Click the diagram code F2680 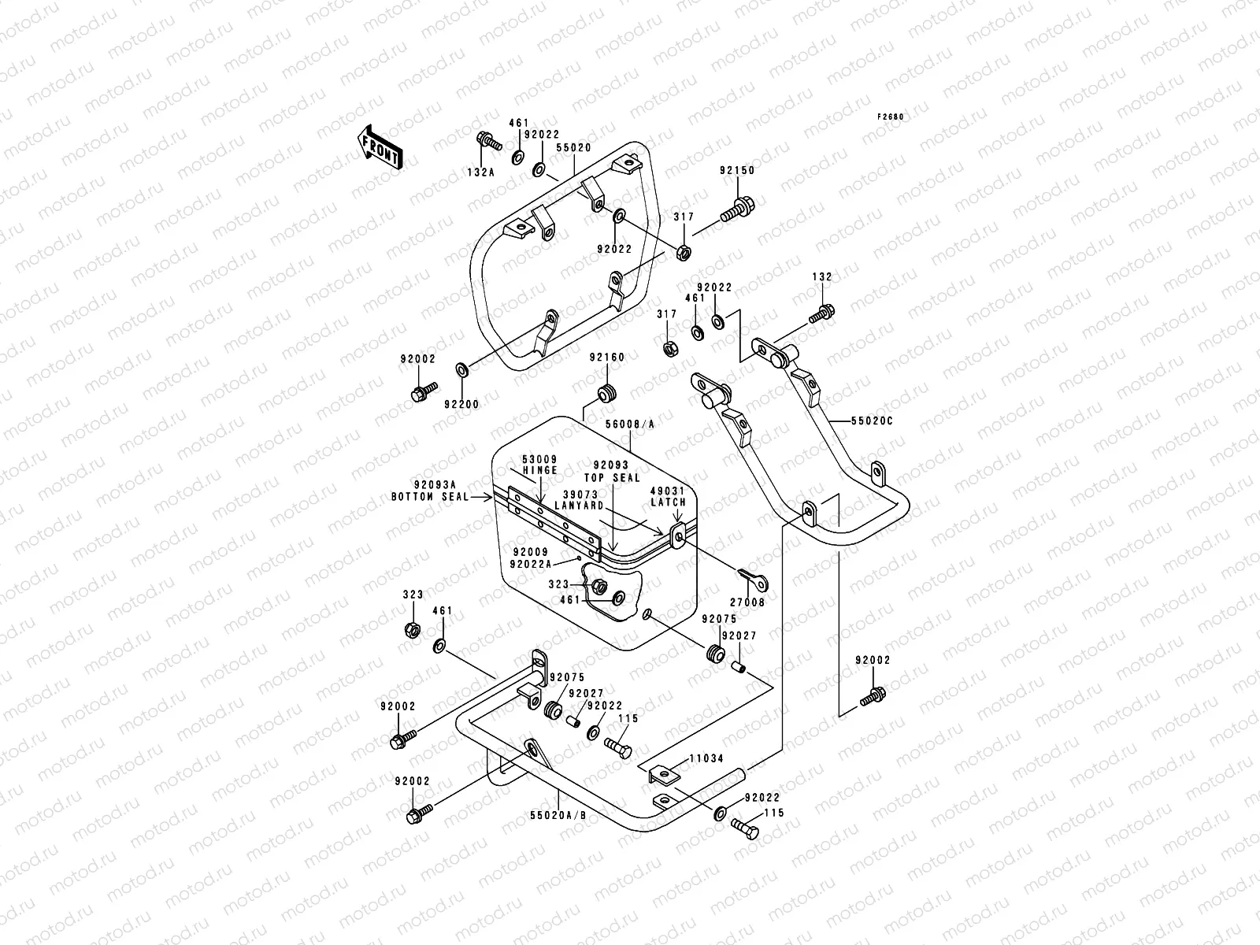pyautogui.click(x=891, y=117)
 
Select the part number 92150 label pyautogui.click(x=736, y=170)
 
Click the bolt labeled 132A pyautogui.click(x=489, y=142)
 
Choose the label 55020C pyautogui.click(x=872, y=421)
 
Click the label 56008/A pyautogui.click(x=630, y=424)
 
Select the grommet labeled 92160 pyautogui.click(x=606, y=391)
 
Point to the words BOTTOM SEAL pyautogui.click(x=429, y=497)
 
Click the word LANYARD pyautogui.click(x=579, y=506)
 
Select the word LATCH pyautogui.click(x=669, y=502)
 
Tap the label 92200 pyautogui.click(x=461, y=404)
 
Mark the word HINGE pyautogui.click(x=539, y=470)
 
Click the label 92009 pyautogui.click(x=528, y=552)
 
